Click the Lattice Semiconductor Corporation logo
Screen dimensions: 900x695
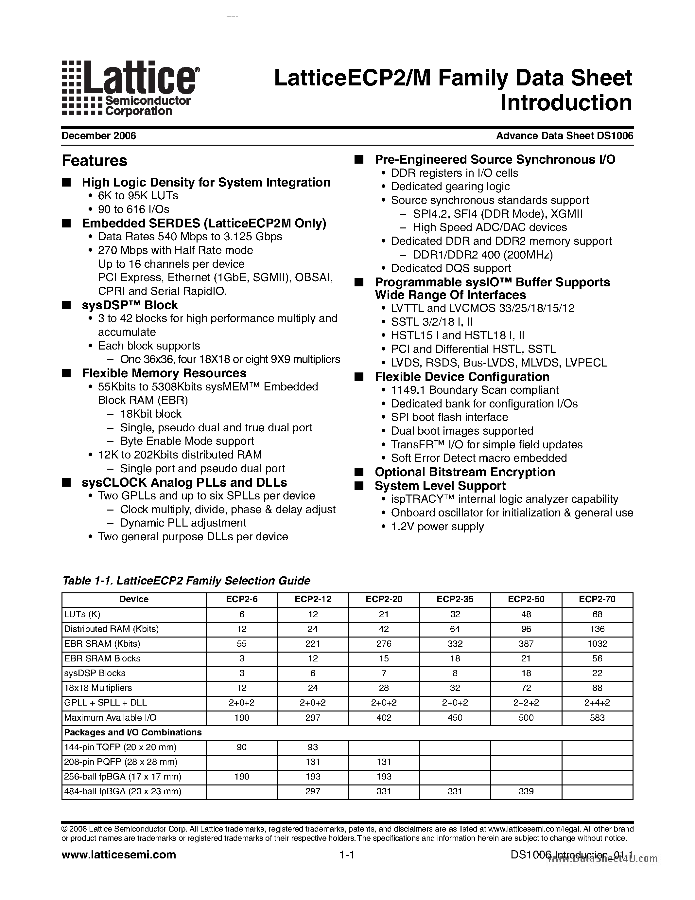point(130,88)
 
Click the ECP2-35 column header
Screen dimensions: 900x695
point(455,599)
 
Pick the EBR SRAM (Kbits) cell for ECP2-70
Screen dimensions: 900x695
point(597,644)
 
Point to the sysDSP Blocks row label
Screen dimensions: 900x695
point(95,673)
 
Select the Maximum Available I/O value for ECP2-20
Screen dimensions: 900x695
point(384,717)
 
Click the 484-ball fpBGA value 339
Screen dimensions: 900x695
point(526,791)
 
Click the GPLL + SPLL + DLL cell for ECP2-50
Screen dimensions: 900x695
point(526,703)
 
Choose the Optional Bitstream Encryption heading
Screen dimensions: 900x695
point(464,472)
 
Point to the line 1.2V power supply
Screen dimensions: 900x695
point(437,527)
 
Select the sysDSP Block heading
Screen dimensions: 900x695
point(130,305)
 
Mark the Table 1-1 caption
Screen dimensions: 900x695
point(186,581)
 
